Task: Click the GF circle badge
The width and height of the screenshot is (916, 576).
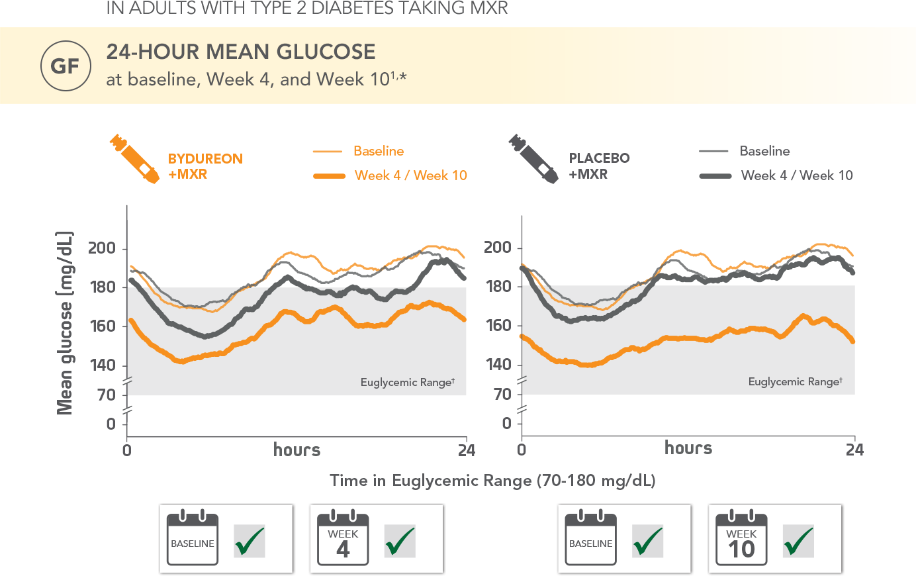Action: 65,66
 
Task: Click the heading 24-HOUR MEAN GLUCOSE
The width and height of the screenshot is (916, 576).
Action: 241,52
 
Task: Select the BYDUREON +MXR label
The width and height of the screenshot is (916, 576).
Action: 205,166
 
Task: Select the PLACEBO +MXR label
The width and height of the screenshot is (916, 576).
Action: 599,166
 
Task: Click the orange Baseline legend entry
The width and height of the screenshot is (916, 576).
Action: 378,151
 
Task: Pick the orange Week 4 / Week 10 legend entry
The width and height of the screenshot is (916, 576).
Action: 410,175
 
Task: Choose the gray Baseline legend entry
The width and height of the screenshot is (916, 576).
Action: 764,151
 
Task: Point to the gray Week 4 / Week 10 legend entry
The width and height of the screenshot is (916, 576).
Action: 797,175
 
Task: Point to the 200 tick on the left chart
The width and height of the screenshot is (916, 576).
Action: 102,248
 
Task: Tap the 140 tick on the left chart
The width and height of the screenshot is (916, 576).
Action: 102,365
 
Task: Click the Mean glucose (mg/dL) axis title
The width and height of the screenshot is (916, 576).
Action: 65,323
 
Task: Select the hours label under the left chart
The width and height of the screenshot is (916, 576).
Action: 297,450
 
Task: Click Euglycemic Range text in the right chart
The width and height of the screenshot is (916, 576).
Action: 795,382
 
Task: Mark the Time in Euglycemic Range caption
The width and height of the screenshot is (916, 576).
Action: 492,481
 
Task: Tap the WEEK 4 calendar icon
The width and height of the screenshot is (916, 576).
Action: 343,538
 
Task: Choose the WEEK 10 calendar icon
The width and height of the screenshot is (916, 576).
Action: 741,538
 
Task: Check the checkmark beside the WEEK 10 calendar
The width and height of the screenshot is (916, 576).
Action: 798,542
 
